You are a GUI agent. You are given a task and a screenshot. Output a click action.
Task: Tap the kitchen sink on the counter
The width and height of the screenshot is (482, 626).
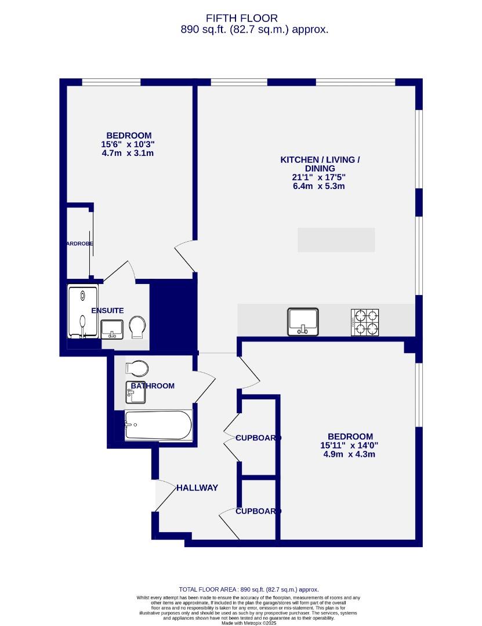point(303,322)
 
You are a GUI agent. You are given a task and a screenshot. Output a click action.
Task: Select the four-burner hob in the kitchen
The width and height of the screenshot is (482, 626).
point(365,322)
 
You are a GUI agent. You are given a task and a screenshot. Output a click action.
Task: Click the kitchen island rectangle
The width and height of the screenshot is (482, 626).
point(336,240)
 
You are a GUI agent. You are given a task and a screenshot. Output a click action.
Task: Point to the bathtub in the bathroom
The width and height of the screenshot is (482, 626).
point(158,425)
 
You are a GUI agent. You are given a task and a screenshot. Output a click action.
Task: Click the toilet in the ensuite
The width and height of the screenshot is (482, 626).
point(138,326)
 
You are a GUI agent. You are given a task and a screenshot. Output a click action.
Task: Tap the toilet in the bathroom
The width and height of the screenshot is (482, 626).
point(137,368)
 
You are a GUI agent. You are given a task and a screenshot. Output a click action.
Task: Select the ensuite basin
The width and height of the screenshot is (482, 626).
point(112,329)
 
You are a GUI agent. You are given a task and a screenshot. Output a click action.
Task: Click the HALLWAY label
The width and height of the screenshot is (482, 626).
point(197,488)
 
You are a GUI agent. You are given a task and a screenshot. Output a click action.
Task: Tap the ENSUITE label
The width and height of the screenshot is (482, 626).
point(107,311)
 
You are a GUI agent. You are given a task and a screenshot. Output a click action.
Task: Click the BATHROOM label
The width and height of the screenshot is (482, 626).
point(152,386)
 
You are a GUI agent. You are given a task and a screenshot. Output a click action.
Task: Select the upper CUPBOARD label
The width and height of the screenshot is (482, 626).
point(258,438)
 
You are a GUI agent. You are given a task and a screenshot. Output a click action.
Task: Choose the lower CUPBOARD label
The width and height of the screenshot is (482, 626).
point(258,511)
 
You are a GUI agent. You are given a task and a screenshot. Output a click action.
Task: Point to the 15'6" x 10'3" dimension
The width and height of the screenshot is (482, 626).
point(127,144)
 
